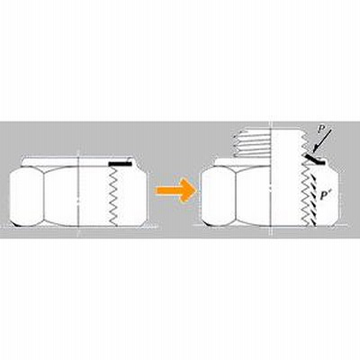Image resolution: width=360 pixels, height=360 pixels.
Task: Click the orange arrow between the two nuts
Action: tap(175, 190)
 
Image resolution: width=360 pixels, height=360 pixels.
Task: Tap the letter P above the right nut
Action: tap(321, 130)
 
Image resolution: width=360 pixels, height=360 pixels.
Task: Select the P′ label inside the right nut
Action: tap(324, 195)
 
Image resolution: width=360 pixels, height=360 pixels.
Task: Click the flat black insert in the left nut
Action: tap(120, 165)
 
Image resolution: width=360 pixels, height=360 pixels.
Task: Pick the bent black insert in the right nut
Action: tap(314, 160)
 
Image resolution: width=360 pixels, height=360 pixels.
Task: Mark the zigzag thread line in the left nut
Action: tap(113, 195)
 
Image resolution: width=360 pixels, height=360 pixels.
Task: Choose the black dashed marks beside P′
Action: tap(314, 201)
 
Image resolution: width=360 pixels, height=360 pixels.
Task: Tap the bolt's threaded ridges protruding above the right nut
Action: tap(253, 144)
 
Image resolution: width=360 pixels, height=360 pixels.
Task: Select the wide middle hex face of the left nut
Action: tap(61, 196)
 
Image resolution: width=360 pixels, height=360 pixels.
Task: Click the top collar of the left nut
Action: tap(78, 162)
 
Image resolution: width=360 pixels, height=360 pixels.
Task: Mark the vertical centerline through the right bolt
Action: tap(271, 180)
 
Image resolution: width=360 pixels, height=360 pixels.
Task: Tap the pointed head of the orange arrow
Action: tap(191, 190)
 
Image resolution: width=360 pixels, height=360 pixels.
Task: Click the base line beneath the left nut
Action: tap(78, 226)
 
